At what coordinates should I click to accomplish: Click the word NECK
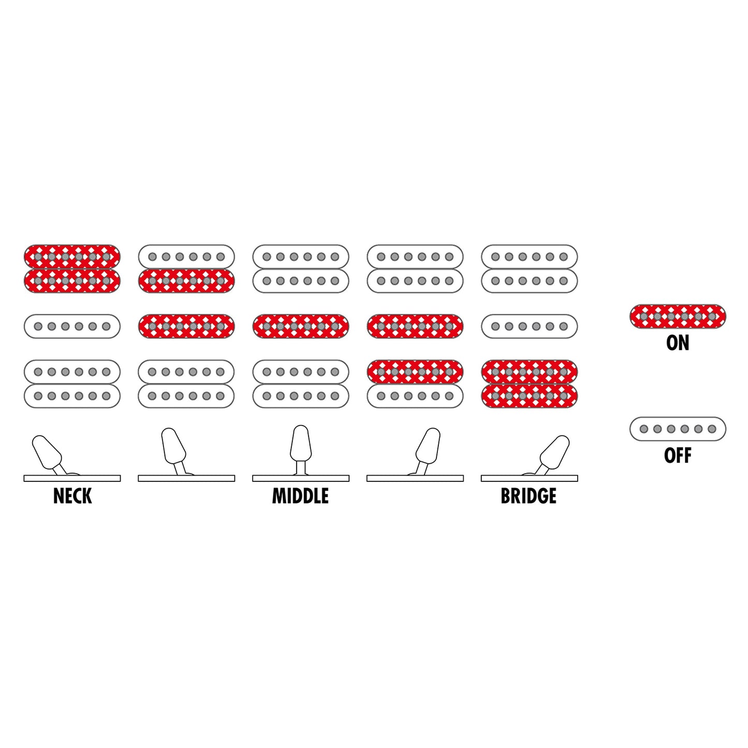72,496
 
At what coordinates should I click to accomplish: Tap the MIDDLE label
300,496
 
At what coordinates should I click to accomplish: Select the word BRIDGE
529,496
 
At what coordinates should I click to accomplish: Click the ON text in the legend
678,343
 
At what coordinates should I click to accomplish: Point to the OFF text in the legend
678,456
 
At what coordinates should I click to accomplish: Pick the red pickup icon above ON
678,316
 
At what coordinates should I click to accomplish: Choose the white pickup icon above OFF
678,429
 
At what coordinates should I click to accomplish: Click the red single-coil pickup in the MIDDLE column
301,327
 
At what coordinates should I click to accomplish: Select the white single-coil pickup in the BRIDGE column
530,327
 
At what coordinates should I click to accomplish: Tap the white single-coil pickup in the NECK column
72,327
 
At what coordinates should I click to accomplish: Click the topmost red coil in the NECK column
72,257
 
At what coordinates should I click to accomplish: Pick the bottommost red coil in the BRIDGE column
530,396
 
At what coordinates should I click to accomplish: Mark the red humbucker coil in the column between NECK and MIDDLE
186,281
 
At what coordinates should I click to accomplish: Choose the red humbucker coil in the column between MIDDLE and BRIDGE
415,372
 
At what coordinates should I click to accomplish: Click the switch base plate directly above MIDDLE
301,479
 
